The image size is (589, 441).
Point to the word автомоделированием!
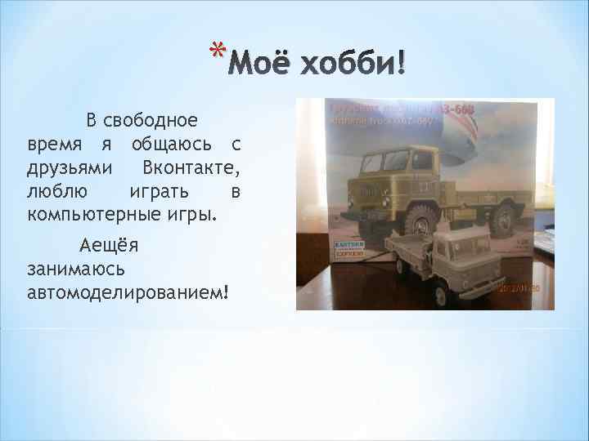click(127, 292)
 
